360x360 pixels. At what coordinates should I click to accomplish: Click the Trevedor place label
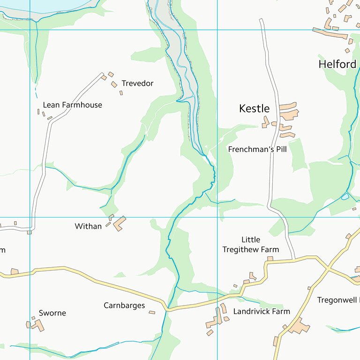[x=137, y=83]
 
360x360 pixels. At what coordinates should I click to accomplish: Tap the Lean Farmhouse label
[x=72, y=105]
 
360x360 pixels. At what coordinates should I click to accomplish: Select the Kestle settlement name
[x=254, y=109]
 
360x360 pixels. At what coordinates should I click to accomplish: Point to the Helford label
[x=337, y=64]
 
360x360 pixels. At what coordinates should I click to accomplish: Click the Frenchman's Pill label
[x=257, y=150]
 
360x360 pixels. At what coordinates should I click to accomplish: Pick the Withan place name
[x=88, y=226]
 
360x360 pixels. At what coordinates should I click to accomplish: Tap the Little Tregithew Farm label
[x=250, y=245]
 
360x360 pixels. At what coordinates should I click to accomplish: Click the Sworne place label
[x=52, y=313]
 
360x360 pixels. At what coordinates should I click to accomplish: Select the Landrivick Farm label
[x=262, y=311]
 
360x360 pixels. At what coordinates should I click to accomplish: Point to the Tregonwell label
[x=337, y=300]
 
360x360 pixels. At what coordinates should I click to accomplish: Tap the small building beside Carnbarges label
[x=152, y=312]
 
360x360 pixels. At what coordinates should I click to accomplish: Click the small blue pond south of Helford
[x=345, y=196]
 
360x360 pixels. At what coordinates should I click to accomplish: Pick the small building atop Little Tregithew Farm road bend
[x=270, y=258]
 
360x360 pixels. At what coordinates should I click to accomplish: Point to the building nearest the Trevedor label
[x=114, y=84]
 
